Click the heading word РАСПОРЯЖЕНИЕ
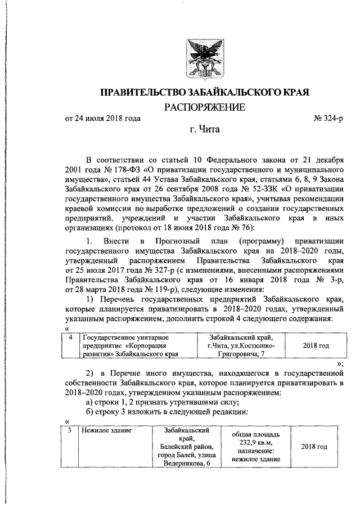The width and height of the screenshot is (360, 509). click(x=205, y=107)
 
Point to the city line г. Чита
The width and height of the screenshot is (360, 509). click(x=205, y=132)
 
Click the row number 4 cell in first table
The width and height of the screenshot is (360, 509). click(x=70, y=337)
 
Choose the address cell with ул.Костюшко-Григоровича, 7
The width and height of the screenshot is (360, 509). click(x=240, y=345)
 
